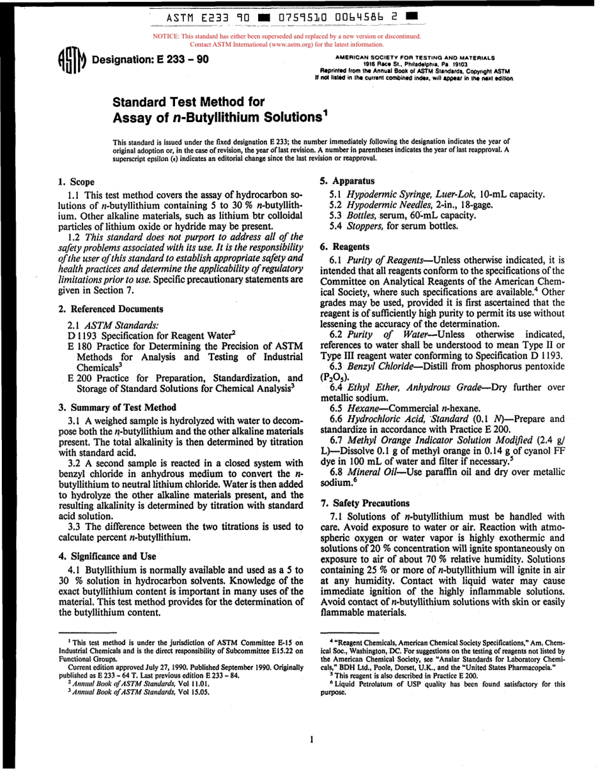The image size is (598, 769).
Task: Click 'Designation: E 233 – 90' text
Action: [150, 60]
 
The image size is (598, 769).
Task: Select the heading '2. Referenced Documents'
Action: [110, 309]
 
